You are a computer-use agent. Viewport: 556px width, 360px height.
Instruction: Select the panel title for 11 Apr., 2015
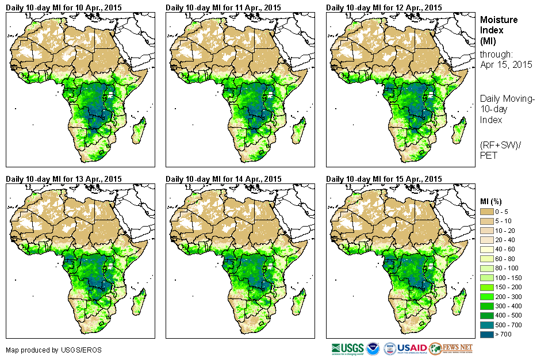(x=223, y=7)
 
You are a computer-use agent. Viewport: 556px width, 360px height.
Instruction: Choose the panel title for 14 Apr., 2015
(x=223, y=179)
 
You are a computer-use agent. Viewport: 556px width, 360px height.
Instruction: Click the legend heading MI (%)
(x=492, y=201)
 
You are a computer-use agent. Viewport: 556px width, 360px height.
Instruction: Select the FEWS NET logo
(x=451, y=348)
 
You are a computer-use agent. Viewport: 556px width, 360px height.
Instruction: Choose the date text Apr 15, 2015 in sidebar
(x=506, y=64)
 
